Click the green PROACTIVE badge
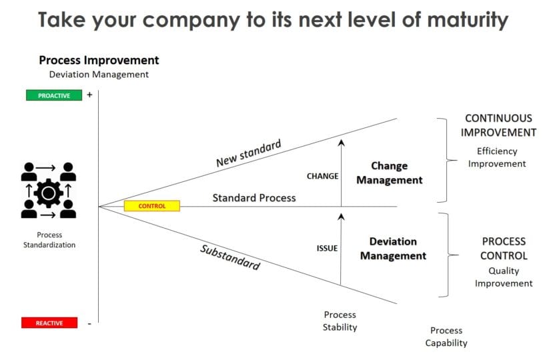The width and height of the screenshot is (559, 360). (53, 95)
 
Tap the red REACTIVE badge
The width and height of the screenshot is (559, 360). (49, 323)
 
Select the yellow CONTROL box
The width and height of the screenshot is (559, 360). (151, 206)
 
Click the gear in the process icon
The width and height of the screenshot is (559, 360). (49, 193)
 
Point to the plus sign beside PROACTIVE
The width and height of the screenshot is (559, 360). (89, 95)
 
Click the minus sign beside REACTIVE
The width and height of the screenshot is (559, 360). (89, 323)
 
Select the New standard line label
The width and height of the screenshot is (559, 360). (248, 153)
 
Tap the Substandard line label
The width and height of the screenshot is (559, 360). (230, 257)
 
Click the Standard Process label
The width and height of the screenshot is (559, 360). (254, 198)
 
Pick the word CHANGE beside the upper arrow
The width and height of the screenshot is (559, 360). (323, 177)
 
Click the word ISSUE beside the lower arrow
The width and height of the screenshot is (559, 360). (327, 249)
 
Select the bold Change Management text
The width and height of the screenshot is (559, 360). (389, 173)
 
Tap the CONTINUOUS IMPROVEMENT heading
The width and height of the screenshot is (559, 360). (498, 125)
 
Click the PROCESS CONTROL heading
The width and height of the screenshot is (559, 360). (504, 249)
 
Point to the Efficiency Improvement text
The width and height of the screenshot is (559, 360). (497, 157)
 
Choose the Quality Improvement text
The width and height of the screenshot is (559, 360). (504, 277)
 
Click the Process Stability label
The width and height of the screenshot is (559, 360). (340, 321)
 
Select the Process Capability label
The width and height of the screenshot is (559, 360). (446, 337)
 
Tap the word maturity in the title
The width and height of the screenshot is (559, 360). (460, 19)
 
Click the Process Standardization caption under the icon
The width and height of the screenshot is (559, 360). (50, 240)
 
